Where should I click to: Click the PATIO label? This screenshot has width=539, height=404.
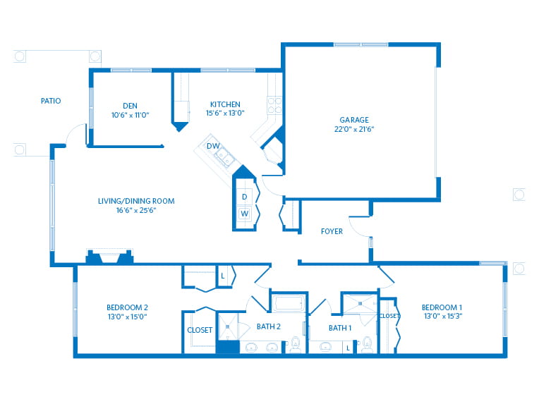[51, 101]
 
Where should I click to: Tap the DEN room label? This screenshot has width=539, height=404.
[131, 105]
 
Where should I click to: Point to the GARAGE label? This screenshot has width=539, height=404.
[353, 120]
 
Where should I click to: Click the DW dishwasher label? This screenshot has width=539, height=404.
[212, 146]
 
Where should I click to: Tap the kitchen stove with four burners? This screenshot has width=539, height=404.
[275, 105]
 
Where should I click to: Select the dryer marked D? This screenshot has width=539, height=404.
[245, 195]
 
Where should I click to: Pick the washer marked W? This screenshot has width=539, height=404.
[245, 213]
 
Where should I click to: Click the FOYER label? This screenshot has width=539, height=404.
[332, 231]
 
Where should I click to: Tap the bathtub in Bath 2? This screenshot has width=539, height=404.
[288, 304]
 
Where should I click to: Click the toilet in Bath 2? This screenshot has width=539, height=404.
[296, 345]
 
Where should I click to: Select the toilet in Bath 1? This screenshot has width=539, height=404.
[366, 345]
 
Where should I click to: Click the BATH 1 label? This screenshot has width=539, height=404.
[339, 328]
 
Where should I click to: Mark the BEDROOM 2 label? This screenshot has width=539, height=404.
[127, 307]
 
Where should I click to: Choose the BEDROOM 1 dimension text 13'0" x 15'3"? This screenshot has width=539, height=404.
[442, 317]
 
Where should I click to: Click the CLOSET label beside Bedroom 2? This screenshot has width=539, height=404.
[200, 330]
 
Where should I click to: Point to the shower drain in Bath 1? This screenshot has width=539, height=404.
[360, 303]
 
